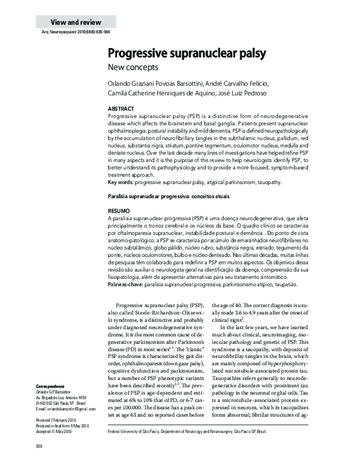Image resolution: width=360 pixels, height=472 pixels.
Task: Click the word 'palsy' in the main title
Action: (x=247, y=54)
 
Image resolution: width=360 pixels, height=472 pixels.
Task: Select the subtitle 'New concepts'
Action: (x=133, y=67)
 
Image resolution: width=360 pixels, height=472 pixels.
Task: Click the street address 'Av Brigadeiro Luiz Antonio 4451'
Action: (x=62, y=398)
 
